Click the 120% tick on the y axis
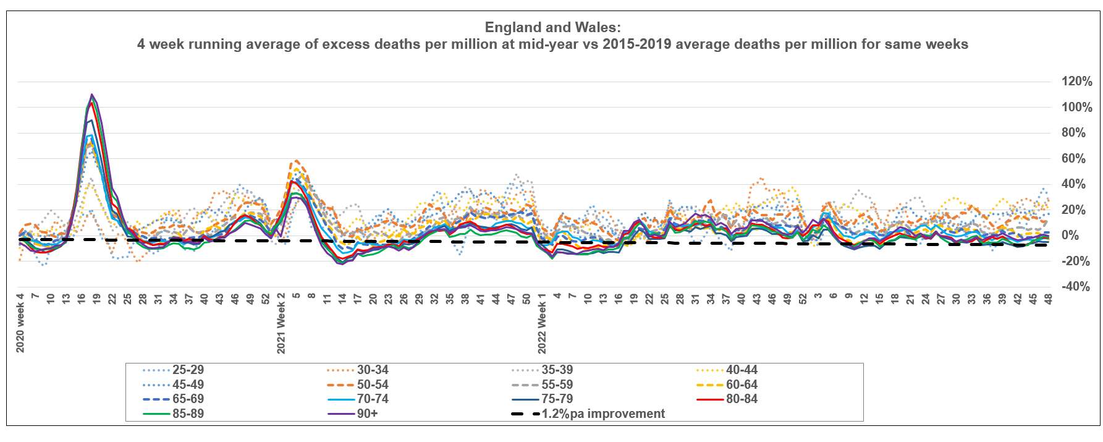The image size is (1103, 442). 1076,82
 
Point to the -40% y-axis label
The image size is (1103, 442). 1075,287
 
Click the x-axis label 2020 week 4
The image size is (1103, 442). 20,323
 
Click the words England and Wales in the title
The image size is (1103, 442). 552,27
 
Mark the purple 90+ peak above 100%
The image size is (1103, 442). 92,95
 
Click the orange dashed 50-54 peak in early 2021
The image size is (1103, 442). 297,161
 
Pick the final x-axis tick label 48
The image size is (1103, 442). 1049,299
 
